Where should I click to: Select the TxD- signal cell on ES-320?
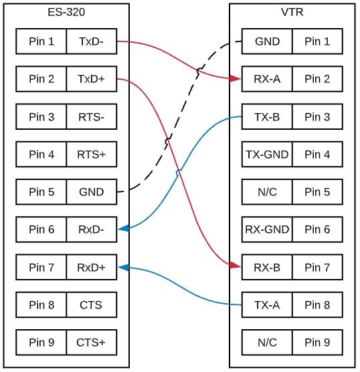(x=91, y=41)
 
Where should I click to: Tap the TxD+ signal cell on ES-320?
(x=91, y=79)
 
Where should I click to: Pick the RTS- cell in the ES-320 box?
(x=91, y=117)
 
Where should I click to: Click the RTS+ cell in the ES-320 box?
(x=91, y=155)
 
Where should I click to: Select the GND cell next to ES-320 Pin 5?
(x=91, y=192)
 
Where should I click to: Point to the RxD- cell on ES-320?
(x=91, y=229)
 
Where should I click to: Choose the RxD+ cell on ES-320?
(x=91, y=268)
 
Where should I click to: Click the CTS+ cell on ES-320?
(x=91, y=343)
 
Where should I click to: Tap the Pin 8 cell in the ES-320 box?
(x=41, y=305)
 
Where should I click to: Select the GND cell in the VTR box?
(x=267, y=41)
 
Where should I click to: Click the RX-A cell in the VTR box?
(x=267, y=79)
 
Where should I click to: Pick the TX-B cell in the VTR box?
(x=267, y=117)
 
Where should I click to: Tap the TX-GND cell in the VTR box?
(x=267, y=155)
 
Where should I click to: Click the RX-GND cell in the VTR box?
(x=267, y=229)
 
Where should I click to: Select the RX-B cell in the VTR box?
(x=267, y=268)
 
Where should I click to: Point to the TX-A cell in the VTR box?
(x=267, y=305)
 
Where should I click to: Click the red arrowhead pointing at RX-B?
(x=236, y=266)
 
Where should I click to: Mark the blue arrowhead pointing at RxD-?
(x=123, y=229)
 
